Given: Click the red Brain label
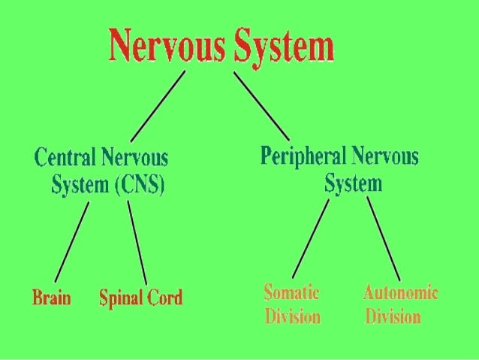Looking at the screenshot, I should click(51, 298).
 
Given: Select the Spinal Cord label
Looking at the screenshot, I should click(140, 298).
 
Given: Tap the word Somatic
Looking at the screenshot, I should click(292, 292).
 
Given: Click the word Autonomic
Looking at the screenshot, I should click(400, 292).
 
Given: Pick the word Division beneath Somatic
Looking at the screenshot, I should click(292, 316).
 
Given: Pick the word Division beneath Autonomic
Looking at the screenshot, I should click(393, 316).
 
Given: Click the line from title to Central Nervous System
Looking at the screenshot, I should click(158, 106).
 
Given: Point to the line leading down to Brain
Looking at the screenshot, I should click(71, 241).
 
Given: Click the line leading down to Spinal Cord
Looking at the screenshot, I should click(137, 241).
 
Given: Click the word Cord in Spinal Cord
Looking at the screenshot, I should click(164, 298).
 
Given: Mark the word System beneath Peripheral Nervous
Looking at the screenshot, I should click(354, 183).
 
